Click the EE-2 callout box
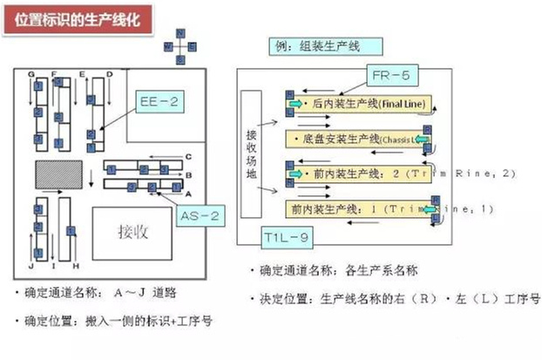(x=159, y=103)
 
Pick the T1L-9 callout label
(x=287, y=236)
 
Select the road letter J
(x=30, y=266)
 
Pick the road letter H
(x=77, y=265)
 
